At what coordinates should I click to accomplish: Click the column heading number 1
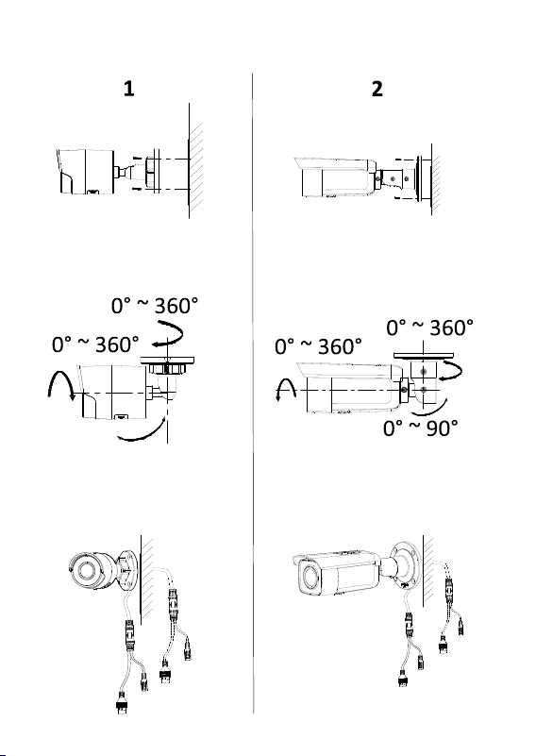128,89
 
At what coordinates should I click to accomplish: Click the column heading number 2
377,89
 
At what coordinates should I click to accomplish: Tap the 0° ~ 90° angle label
420,428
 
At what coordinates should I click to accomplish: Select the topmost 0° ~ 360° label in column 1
155,306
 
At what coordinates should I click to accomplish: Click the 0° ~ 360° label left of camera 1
95,344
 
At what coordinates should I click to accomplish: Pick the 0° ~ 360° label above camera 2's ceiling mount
429,328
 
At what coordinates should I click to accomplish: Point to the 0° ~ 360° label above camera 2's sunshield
318,346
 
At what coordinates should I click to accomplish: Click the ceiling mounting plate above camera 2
424,355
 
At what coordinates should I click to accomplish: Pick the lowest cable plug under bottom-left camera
122,703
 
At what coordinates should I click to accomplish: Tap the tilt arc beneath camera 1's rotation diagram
142,432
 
